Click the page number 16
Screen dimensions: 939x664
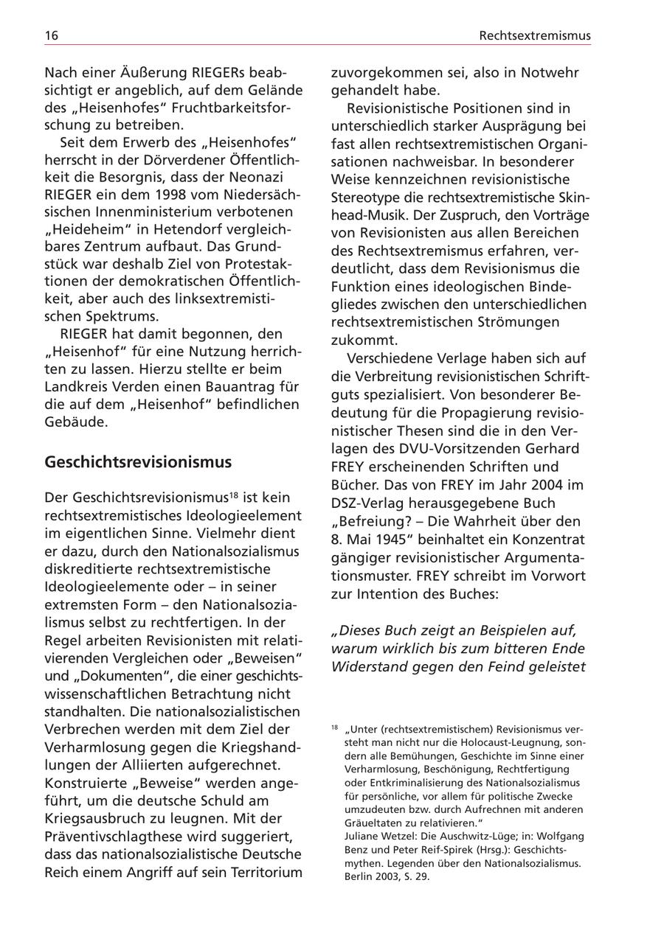(52, 35)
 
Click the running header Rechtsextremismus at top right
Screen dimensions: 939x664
(534, 35)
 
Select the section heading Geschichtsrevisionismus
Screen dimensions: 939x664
(138, 462)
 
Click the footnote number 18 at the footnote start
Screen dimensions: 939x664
(335, 727)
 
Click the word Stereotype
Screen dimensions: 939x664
(366, 197)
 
